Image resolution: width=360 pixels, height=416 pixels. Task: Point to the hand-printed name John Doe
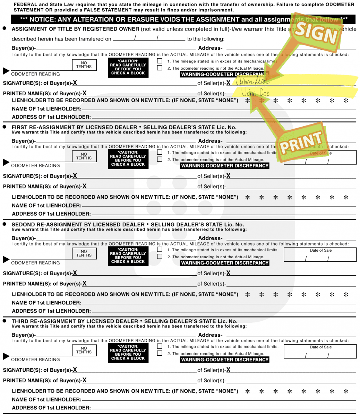(x=256, y=93)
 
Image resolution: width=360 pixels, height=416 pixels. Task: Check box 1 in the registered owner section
(x=160, y=61)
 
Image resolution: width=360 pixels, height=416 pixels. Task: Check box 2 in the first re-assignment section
(x=160, y=159)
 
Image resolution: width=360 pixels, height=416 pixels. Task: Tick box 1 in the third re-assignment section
(x=160, y=346)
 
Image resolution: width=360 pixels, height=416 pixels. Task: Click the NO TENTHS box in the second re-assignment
(x=84, y=253)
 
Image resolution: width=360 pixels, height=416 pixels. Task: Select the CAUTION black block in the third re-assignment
(x=128, y=353)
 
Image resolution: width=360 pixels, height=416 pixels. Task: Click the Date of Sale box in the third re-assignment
(x=320, y=352)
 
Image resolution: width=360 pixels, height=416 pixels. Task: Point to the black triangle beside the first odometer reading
(x=6, y=71)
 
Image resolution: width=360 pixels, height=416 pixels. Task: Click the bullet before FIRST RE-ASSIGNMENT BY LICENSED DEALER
(x=5, y=127)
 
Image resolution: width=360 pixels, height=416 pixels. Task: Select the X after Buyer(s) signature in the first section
(x=75, y=83)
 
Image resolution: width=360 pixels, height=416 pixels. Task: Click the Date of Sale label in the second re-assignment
(x=320, y=250)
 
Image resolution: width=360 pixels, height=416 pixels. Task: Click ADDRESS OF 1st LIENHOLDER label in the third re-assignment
(x=51, y=408)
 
